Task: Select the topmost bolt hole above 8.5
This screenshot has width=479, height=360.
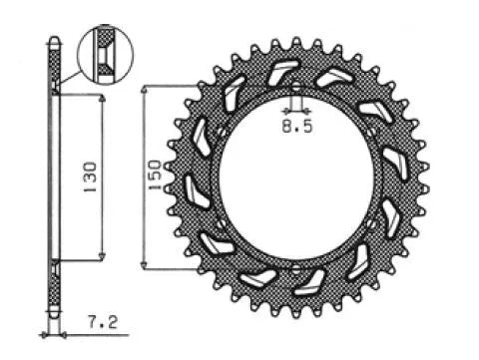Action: click(296, 88)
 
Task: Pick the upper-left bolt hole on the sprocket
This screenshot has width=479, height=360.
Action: click(219, 133)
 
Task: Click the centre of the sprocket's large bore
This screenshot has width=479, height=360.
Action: click(296, 179)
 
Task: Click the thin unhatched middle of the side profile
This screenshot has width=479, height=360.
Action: click(54, 178)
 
